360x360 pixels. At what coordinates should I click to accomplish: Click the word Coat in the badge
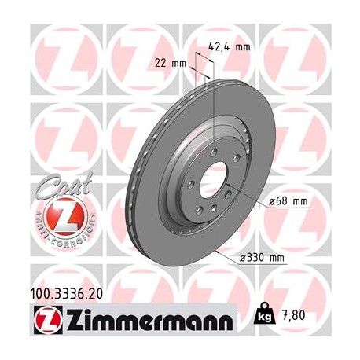pos(50,189)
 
